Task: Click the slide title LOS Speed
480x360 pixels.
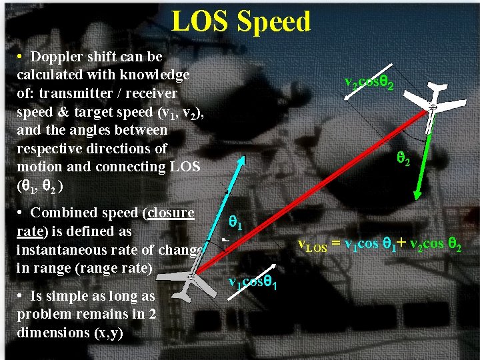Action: click(x=241, y=21)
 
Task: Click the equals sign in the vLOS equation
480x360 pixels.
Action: click(x=336, y=244)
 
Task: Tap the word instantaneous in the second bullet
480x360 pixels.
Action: click(x=60, y=250)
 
